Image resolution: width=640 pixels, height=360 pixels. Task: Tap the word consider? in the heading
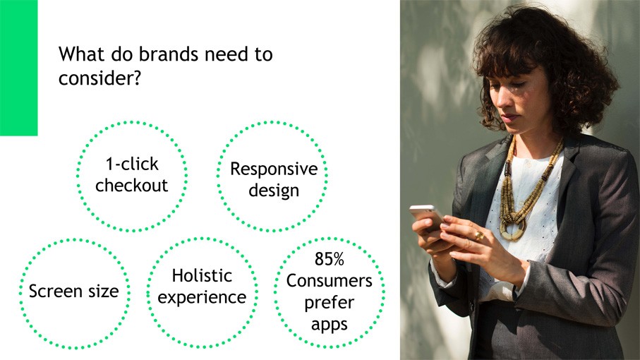tap(99, 77)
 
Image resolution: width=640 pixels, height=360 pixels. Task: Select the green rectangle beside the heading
tap(19, 68)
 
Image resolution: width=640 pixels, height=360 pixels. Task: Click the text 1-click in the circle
tap(132, 164)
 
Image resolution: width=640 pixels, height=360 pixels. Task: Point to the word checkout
tap(131, 186)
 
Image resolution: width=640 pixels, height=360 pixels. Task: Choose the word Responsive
tap(274, 169)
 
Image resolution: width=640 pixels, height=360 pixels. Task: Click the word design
tap(274, 191)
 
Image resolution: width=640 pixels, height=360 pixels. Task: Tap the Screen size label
tap(74, 291)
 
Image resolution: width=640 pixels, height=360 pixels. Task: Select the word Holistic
tap(202, 275)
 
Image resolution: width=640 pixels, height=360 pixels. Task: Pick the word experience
tap(202, 298)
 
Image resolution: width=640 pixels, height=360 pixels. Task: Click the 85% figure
tap(330, 259)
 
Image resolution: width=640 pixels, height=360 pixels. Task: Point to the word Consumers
tap(330, 281)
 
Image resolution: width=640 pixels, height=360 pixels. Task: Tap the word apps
tap(330, 325)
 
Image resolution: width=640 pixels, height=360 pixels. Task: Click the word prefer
tap(330, 303)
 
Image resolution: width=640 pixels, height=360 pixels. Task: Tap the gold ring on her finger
tap(479, 236)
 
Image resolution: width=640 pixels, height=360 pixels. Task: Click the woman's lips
tap(509, 119)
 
